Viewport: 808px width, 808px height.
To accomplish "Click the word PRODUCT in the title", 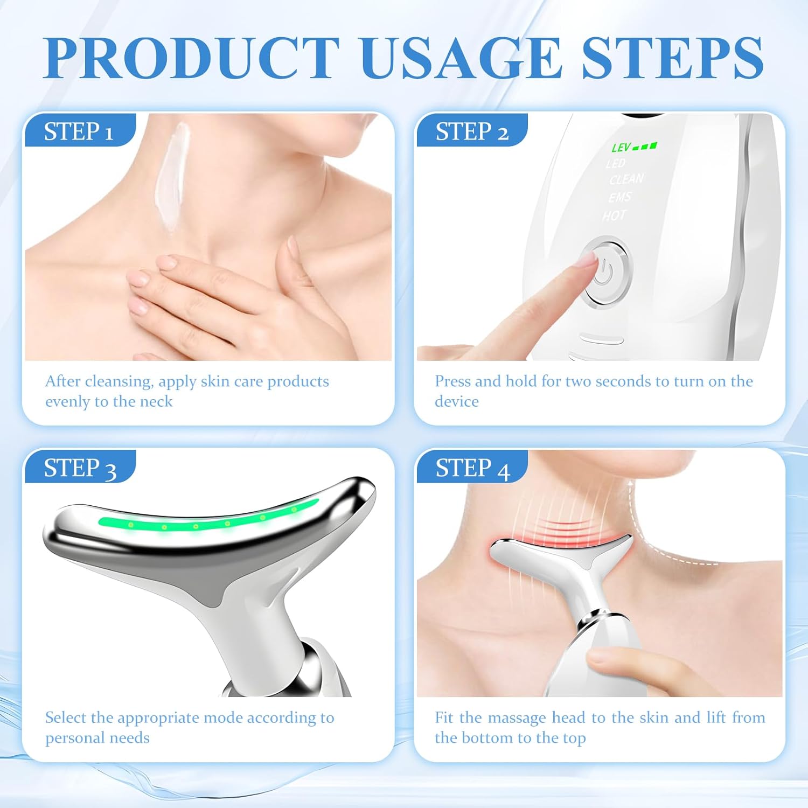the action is (191, 58).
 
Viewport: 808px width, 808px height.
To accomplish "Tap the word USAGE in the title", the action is (462, 58).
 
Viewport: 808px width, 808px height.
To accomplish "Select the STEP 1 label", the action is (79, 131).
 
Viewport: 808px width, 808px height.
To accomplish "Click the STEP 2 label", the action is (472, 131).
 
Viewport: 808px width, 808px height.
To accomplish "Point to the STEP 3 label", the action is (80, 468).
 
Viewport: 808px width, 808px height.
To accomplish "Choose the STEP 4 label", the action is (472, 468).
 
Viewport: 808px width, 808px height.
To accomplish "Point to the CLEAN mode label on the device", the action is (626, 179).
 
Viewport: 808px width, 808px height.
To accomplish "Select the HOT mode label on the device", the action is (614, 216).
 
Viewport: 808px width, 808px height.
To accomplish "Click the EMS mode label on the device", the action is (620, 197).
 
